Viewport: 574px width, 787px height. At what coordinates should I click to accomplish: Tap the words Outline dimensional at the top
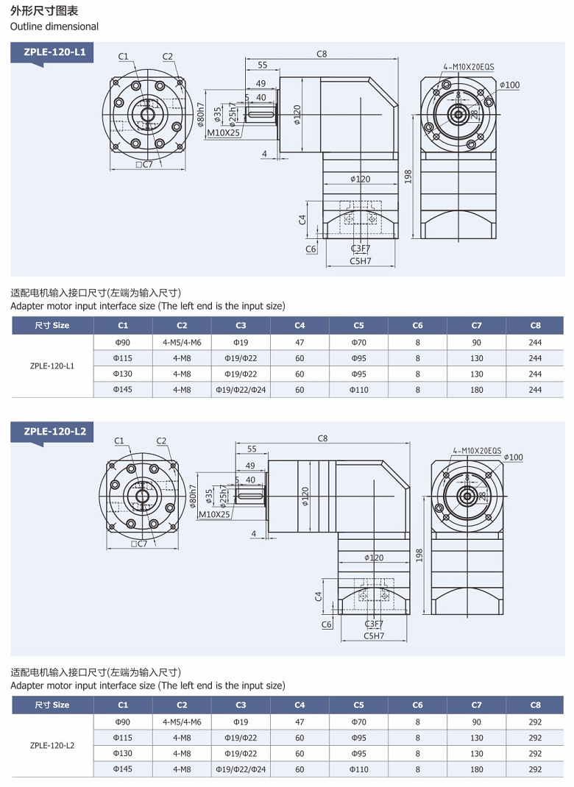[x=54, y=26]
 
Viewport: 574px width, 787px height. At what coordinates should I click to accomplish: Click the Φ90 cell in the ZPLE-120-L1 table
[x=123, y=342]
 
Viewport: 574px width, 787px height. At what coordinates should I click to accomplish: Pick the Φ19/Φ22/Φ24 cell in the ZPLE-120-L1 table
[x=241, y=390]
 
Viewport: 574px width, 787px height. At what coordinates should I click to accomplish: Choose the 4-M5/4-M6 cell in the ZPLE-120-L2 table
[x=182, y=722]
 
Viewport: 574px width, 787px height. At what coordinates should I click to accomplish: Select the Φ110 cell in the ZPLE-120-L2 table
[x=358, y=769]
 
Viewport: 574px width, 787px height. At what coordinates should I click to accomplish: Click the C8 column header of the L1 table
[x=535, y=325]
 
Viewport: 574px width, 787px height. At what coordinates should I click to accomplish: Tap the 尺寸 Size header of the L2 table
[x=52, y=705]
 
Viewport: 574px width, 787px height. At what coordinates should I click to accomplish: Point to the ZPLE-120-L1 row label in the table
[x=52, y=366]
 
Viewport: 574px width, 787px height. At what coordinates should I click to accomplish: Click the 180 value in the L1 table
[x=476, y=390]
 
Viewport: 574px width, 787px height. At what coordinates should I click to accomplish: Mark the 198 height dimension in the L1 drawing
[x=408, y=177]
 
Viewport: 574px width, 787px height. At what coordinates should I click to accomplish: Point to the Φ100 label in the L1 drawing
[x=509, y=85]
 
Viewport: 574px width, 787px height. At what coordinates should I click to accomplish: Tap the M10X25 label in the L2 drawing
[x=215, y=514]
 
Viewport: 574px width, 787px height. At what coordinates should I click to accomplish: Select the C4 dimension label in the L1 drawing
[x=302, y=219]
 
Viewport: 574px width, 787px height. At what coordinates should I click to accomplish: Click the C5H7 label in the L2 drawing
[x=373, y=635]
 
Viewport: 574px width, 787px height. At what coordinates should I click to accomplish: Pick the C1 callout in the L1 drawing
[x=123, y=57]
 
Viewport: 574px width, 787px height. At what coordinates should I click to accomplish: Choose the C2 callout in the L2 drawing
[x=161, y=441]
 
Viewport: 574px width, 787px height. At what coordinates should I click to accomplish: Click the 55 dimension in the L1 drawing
[x=262, y=65]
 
